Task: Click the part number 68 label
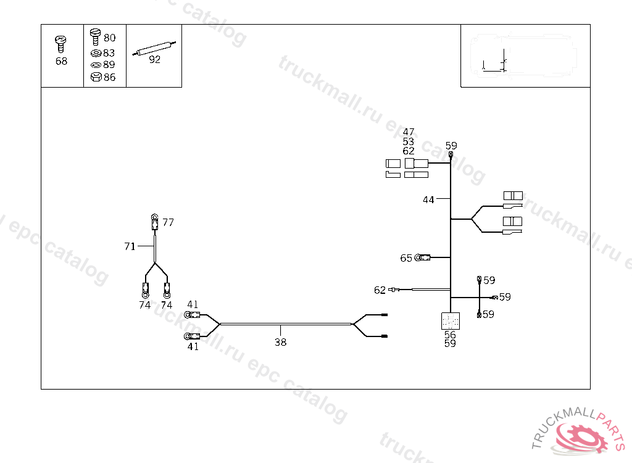pos(61,62)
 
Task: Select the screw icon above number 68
pos(61,43)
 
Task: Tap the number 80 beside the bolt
pos(109,38)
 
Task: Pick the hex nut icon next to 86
pos(96,77)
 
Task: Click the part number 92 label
pos(154,60)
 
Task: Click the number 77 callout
pos(168,222)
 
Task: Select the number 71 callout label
pos(130,246)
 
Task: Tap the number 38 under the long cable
pos(280,342)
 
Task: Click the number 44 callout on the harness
pos(428,199)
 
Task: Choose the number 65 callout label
pos(405,258)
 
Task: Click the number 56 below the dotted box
pos(450,335)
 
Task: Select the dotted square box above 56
pos(451,321)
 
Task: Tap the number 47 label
pos(409,132)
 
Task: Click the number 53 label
pos(409,141)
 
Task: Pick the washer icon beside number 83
pos(96,53)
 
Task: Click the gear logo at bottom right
pos(580,438)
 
